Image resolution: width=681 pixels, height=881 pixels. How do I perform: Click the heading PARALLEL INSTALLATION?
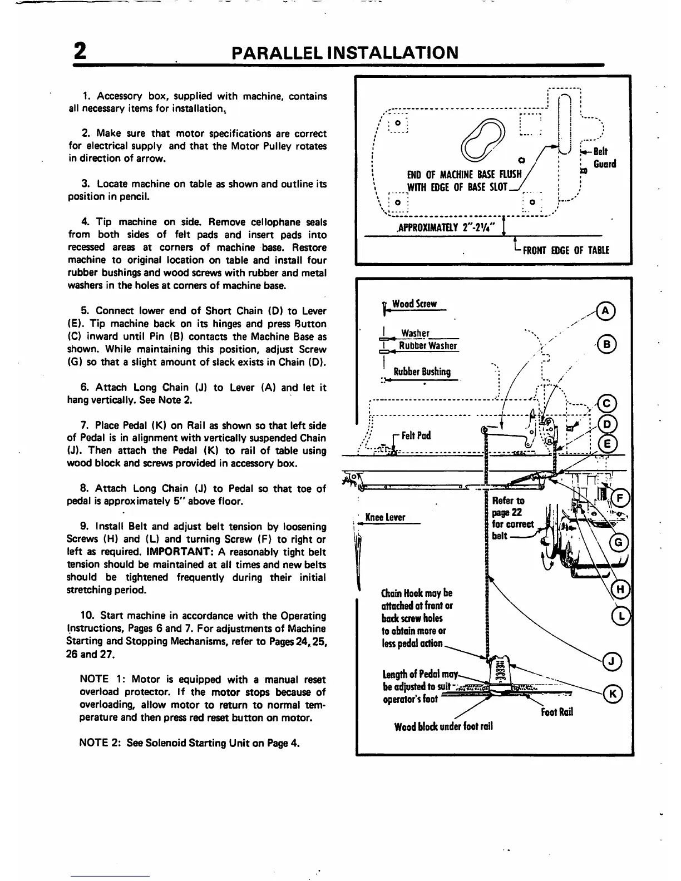coord(345,53)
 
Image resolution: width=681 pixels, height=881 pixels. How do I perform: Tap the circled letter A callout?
coord(605,311)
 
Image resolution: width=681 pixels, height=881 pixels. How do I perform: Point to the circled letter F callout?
coord(619,498)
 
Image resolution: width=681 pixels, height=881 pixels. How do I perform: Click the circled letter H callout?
coord(619,590)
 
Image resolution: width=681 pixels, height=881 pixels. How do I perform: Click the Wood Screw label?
coord(414,304)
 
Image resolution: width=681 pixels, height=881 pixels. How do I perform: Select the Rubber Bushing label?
coord(422,372)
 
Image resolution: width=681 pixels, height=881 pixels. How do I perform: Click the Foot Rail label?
coord(556,712)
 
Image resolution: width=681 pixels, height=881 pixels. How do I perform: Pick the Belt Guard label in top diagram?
coord(604,157)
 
